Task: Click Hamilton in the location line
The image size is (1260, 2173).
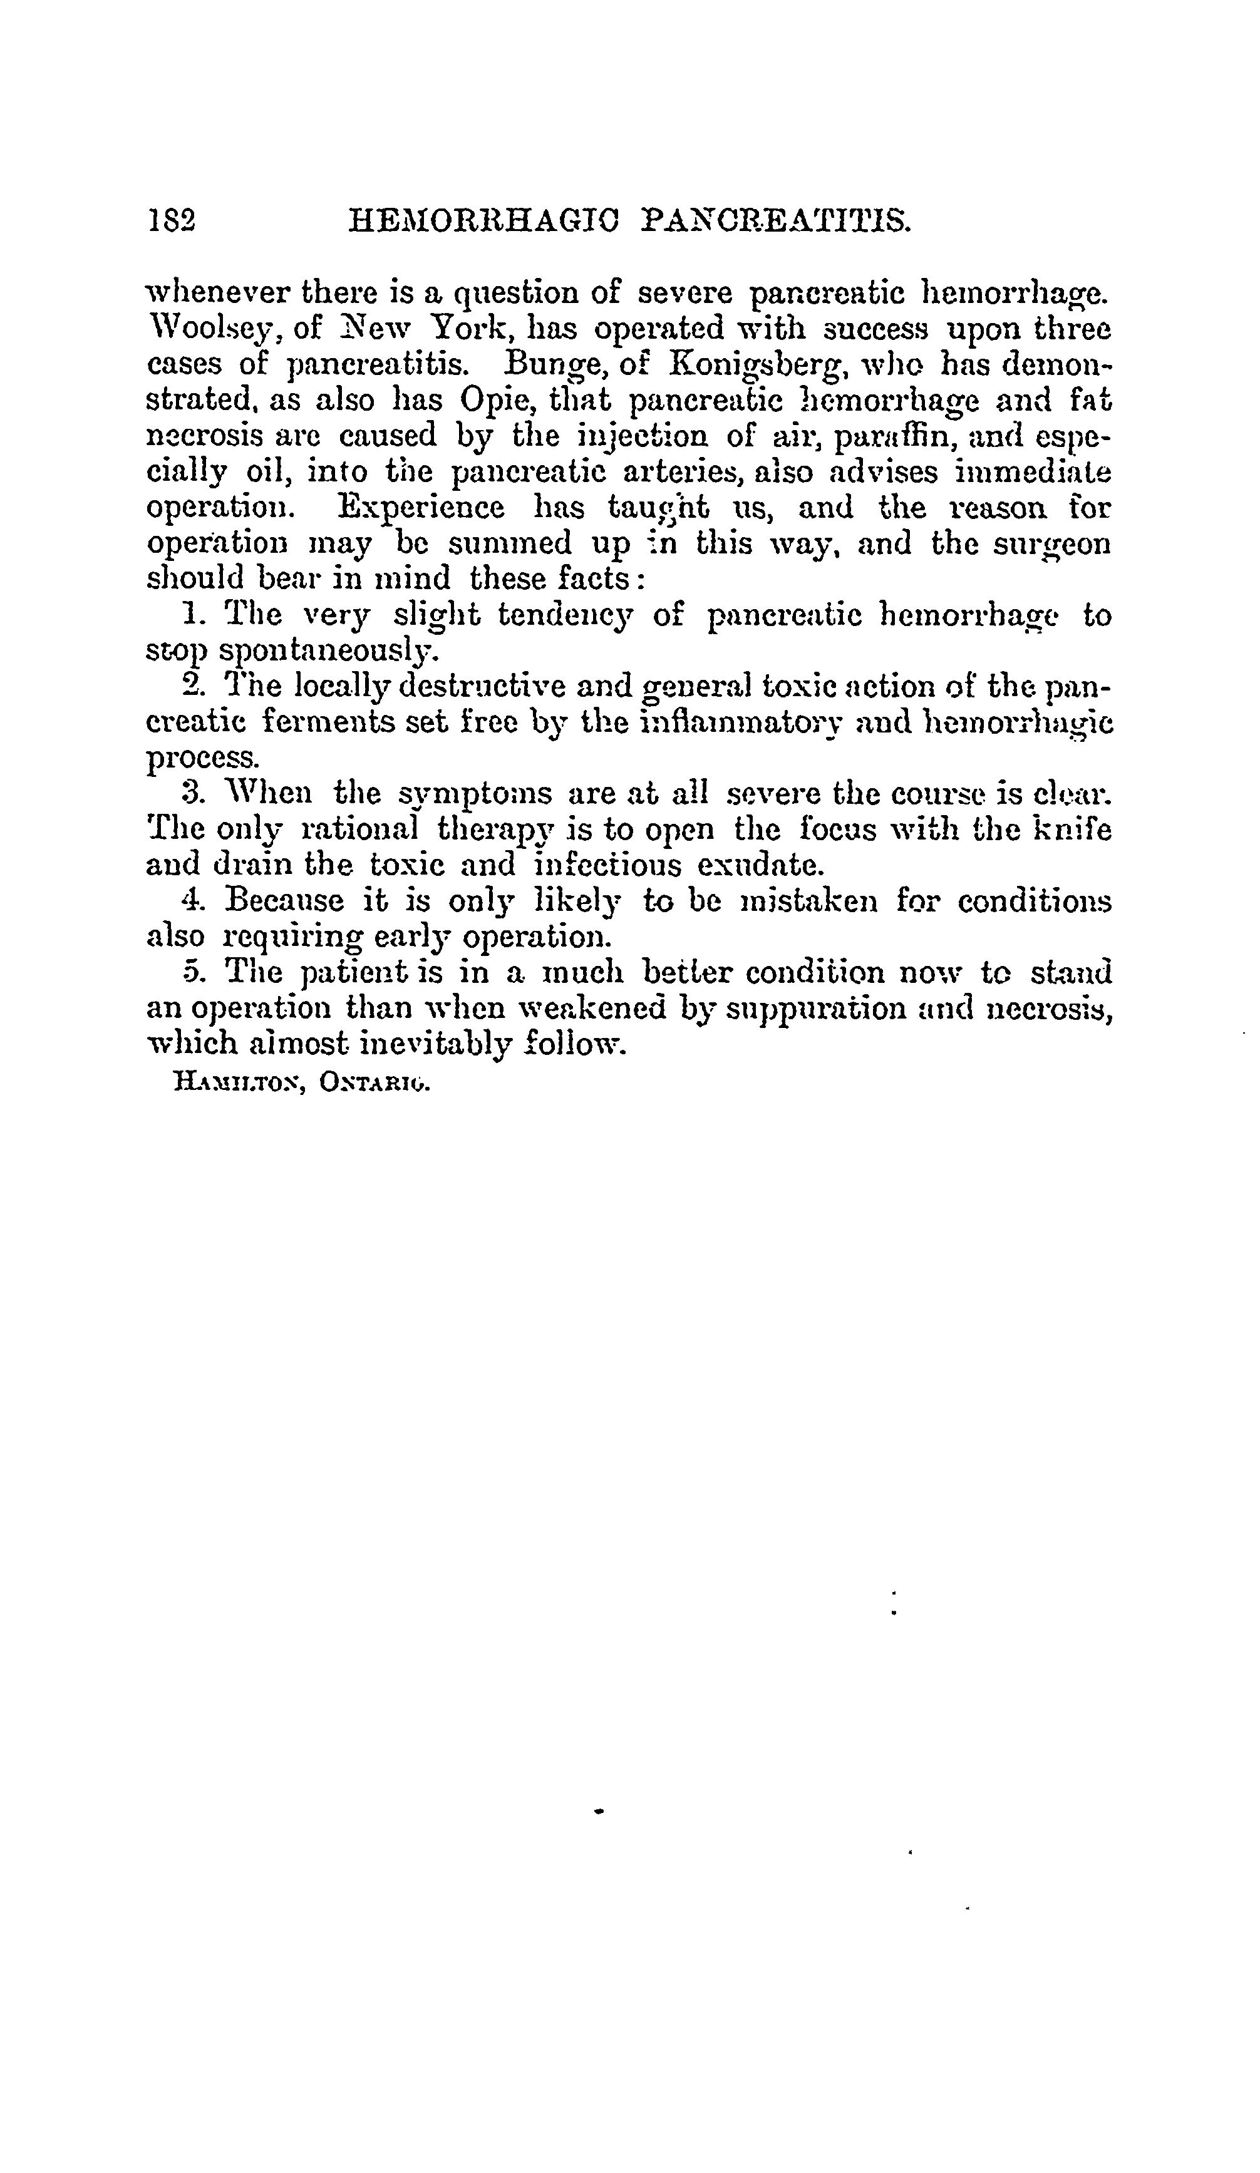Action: (236, 1083)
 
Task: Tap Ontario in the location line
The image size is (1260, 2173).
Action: (373, 1083)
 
